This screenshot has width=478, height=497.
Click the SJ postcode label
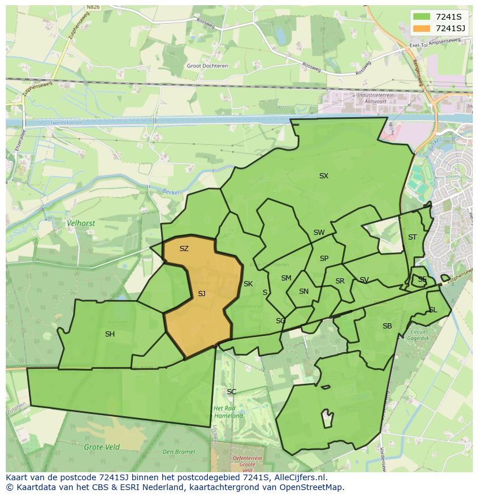tap(201, 294)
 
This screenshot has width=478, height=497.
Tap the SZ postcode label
tap(184, 249)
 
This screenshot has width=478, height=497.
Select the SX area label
tap(323, 176)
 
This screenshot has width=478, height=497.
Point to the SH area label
tap(110, 334)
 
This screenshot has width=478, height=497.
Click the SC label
tap(231, 392)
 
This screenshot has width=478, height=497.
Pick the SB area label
tap(387, 326)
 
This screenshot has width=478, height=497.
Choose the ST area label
tap(412, 237)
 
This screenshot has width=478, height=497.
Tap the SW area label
tap(319, 233)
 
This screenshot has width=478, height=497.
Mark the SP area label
tap(324, 259)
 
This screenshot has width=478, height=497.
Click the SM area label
tap(286, 278)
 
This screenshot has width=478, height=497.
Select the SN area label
tap(304, 292)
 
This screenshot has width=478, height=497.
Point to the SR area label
tap(340, 282)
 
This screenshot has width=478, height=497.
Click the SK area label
tap(248, 284)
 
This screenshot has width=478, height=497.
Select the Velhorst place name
tap(81, 223)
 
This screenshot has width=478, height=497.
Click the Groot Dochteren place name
tap(207, 66)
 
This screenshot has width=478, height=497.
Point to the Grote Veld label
tap(102, 447)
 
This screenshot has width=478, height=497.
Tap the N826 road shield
tap(92, 8)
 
